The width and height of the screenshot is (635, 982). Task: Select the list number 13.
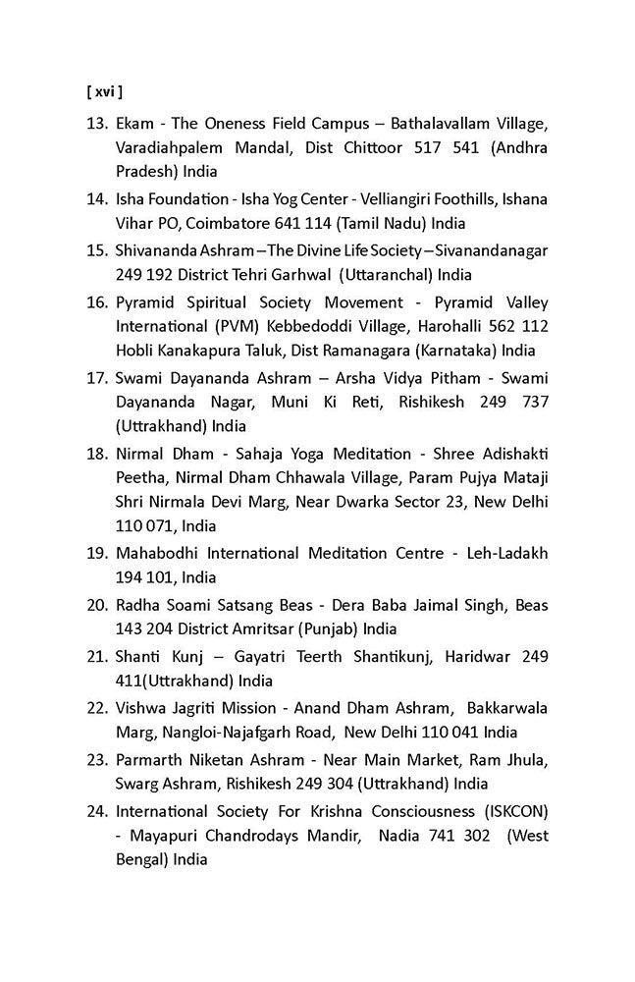[96, 125]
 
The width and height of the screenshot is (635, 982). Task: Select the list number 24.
[96, 811]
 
